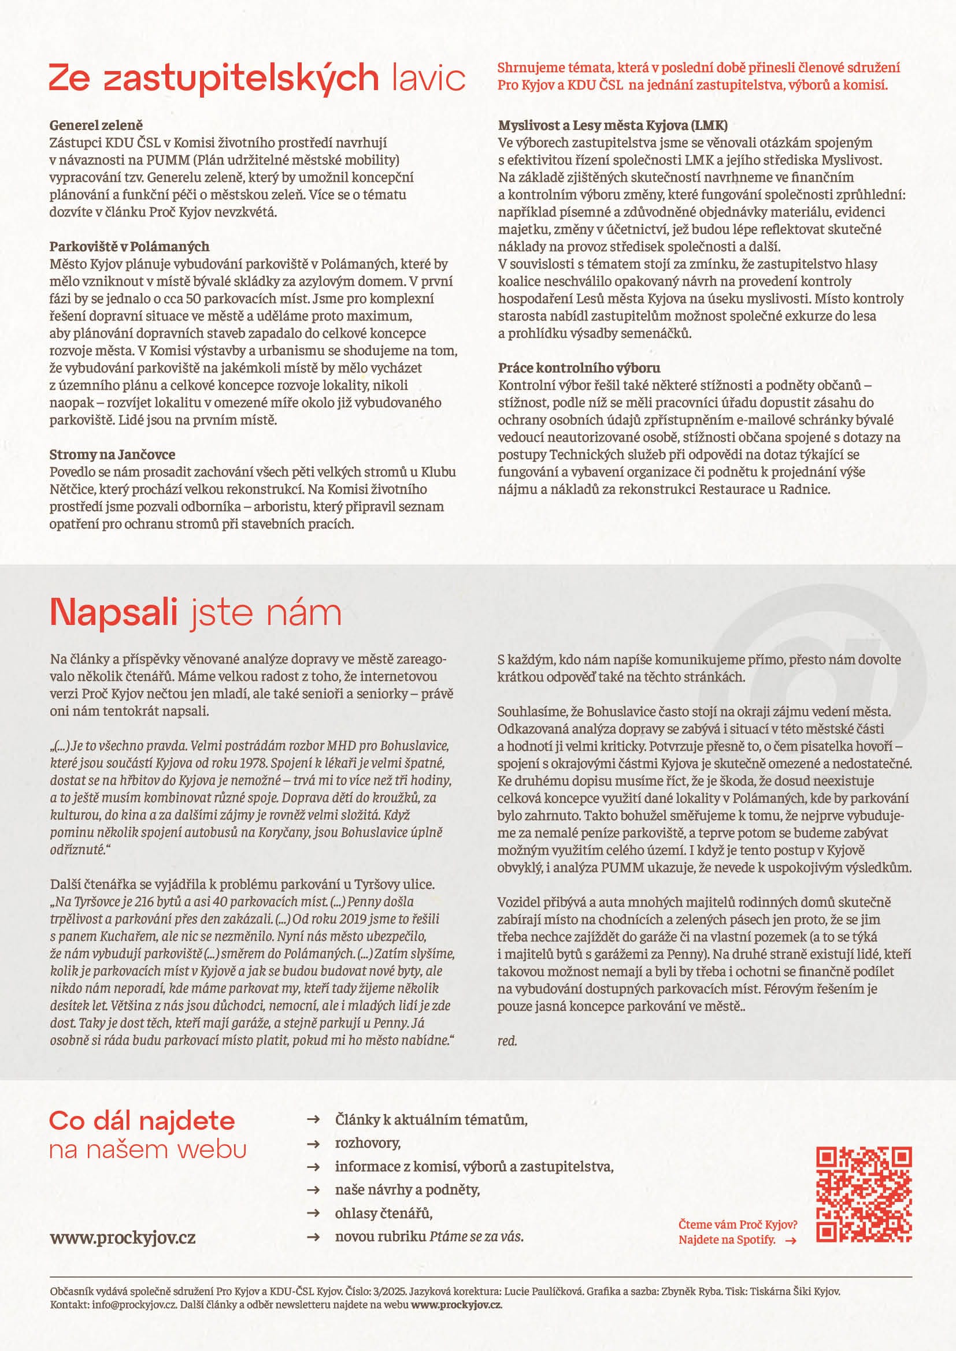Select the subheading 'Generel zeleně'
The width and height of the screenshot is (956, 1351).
pos(96,125)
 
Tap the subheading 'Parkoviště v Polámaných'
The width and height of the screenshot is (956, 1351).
pos(129,247)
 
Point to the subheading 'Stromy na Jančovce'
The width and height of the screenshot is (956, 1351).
pos(112,454)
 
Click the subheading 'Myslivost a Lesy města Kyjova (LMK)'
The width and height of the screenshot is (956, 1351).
pos(612,125)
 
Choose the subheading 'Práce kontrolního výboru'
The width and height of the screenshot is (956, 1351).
pos(579,368)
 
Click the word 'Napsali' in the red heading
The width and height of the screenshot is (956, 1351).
pos(114,612)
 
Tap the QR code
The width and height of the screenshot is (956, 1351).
pos(864,1194)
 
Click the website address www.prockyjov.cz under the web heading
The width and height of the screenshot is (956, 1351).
pos(123,1237)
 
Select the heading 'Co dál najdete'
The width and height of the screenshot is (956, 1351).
pos(142,1121)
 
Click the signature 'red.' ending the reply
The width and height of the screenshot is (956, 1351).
pos(507,1041)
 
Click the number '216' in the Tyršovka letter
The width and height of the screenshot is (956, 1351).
pos(144,902)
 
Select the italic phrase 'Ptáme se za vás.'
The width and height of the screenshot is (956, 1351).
pos(476,1236)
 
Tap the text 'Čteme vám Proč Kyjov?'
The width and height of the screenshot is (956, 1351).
pos(737,1225)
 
